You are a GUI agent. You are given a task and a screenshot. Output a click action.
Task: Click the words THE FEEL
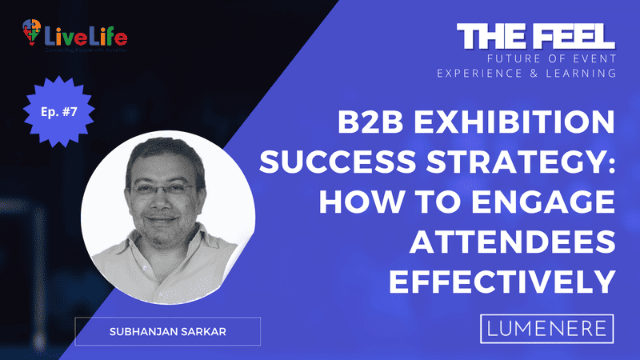point(535,36)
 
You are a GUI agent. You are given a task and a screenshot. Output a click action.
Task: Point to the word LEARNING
point(584,74)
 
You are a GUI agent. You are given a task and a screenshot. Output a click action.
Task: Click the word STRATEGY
point(508,162)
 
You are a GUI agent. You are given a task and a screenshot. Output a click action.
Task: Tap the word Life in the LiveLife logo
point(106,36)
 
